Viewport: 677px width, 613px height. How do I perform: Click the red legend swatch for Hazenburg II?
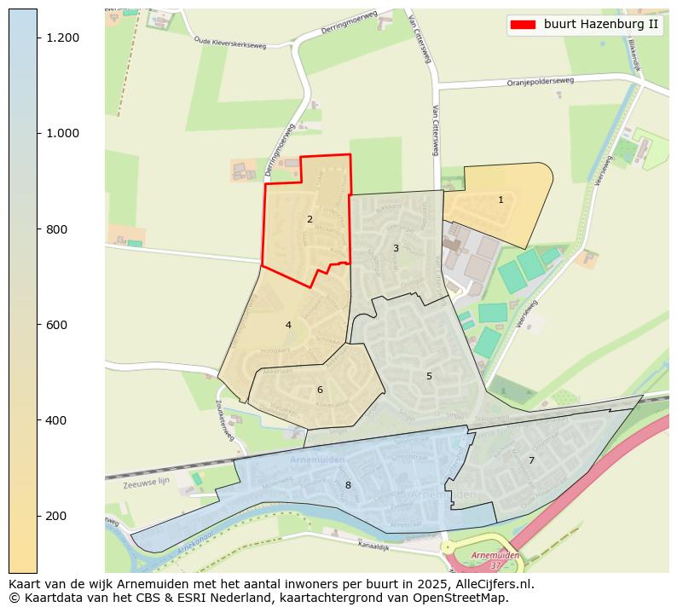point(522,25)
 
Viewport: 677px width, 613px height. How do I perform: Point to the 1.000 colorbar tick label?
point(62,134)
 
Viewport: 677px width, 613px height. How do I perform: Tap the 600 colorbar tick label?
point(62,325)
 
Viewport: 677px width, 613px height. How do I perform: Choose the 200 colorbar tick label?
point(62,516)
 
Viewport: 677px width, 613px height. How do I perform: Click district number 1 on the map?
point(501,200)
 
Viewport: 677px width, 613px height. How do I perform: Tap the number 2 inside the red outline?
point(310,219)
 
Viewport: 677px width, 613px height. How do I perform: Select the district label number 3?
point(396,248)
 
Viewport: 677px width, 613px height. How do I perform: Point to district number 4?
point(288,325)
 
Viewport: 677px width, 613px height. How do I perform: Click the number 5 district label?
point(429,376)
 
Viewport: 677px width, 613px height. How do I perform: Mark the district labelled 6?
point(320,390)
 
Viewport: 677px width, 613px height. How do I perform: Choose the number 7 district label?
point(531,460)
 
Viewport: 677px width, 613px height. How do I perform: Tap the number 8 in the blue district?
point(347,485)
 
